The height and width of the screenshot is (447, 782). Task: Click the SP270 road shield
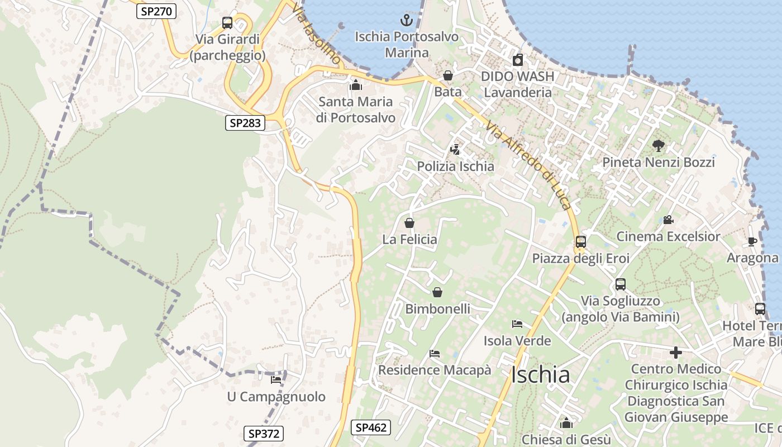156,11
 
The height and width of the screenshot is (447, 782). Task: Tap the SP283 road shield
245,123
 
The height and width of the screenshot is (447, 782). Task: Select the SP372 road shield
264,433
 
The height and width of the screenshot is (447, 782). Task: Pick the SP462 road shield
371,427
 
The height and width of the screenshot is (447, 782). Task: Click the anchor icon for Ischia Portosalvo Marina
406,21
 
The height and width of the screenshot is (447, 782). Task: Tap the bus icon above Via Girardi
227,23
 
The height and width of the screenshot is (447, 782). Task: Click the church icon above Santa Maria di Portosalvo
355,85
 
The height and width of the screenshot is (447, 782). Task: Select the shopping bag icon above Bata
447,75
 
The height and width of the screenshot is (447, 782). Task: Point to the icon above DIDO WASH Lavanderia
517,60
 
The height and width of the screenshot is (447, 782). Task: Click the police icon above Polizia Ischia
455,150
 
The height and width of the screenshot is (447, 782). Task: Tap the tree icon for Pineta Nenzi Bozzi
658,146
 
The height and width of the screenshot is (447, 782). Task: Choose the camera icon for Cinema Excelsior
668,220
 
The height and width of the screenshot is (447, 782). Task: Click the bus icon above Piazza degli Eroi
581,242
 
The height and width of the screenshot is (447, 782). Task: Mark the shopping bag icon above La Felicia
409,223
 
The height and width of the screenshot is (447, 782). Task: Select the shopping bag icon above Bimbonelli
437,292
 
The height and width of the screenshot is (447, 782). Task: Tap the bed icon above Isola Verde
517,324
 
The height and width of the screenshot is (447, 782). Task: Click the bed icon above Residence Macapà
435,354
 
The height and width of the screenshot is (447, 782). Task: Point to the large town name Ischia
540,375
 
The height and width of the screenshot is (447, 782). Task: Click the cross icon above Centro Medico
676,353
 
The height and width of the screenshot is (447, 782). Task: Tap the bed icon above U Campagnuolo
276,380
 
